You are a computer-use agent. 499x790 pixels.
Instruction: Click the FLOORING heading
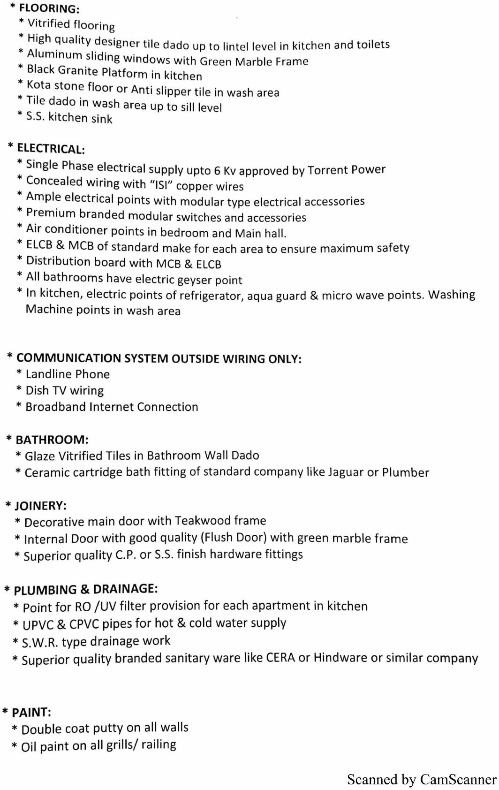point(49,9)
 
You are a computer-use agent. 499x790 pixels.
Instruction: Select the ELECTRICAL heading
point(51,149)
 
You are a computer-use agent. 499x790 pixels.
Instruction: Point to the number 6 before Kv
point(217,171)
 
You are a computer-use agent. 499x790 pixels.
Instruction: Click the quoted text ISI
point(161,185)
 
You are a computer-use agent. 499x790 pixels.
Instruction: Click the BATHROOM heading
point(52,440)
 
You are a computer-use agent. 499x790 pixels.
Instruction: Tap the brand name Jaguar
point(346,472)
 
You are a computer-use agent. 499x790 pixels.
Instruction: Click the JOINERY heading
point(40,506)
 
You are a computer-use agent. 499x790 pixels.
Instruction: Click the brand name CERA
point(280,658)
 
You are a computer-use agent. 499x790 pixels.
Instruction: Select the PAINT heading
point(31,713)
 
